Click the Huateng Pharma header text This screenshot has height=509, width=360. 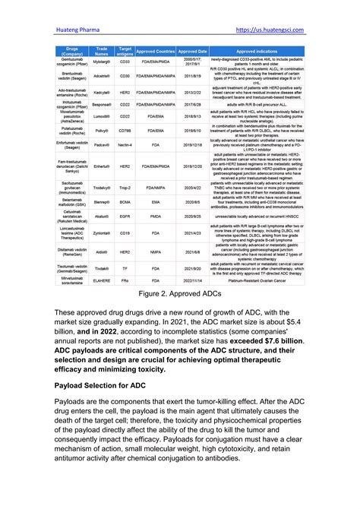tap(78, 30)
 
